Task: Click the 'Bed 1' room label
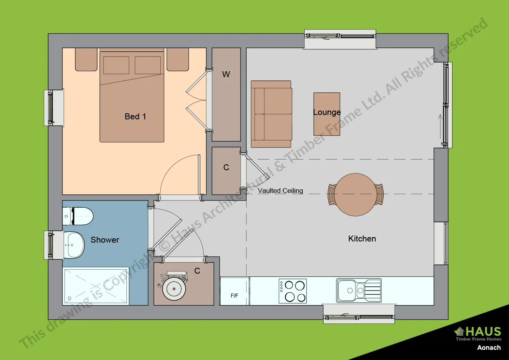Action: [x=135, y=117]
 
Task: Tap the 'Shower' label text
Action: [x=105, y=240]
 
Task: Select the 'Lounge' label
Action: [x=327, y=112]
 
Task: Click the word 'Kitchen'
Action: [x=362, y=239]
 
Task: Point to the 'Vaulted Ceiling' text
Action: [x=280, y=191]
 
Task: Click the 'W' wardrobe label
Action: [x=226, y=74]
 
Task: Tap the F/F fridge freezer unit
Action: [x=235, y=292]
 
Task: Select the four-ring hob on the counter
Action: [x=293, y=291]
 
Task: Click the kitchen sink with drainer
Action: [x=359, y=290]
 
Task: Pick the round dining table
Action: [x=355, y=195]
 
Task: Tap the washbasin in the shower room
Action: [x=74, y=244]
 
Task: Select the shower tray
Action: [x=95, y=286]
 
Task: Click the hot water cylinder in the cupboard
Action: [x=174, y=288]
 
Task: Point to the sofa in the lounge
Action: [x=271, y=114]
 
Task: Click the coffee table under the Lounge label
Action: [x=327, y=114]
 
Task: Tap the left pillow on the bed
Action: [x=116, y=65]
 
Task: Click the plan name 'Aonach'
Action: [x=489, y=347]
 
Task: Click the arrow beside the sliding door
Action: [x=440, y=119]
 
